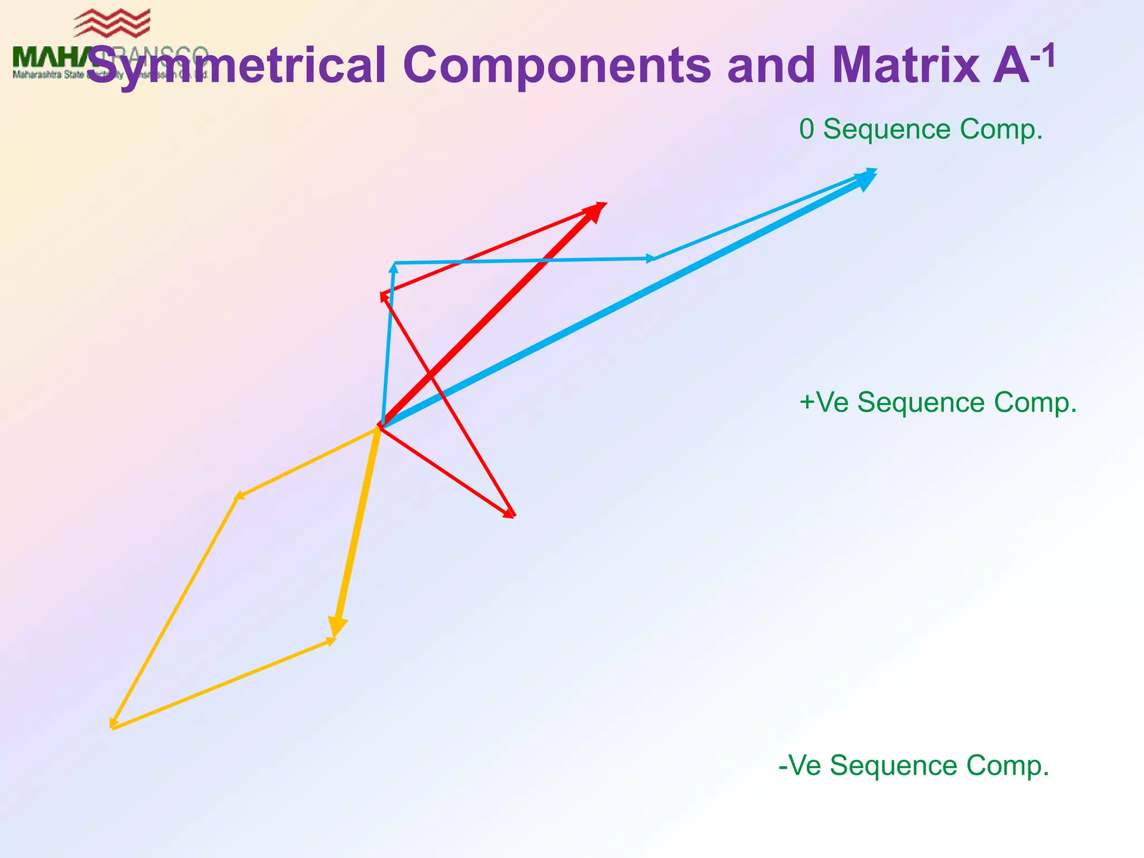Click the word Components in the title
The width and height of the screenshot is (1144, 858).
click(556, 66)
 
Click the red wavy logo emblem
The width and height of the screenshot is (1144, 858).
click(112, 23)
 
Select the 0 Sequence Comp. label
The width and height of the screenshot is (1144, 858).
click(921, 129)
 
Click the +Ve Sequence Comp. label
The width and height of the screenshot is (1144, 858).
click(937, 402)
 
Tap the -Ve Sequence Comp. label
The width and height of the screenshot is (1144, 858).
click(913, 765)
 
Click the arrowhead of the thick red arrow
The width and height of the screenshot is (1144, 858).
click(596, 211)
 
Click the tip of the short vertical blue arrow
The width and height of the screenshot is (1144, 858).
click(394, 266)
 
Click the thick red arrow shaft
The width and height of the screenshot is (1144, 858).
click(486, 319)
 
